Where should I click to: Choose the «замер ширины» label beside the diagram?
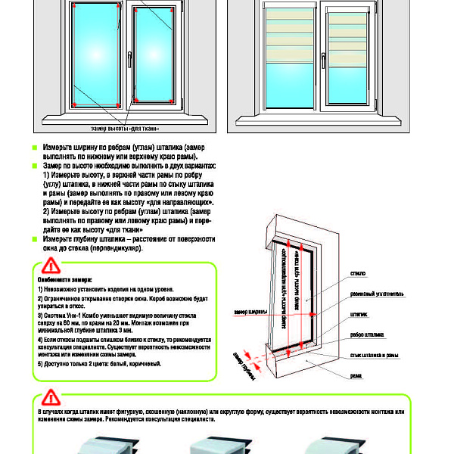pyautogui.click(x=250, y=312)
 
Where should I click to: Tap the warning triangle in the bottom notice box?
pyautogui.click(x=49, y=396)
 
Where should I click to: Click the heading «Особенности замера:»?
pyautogui.click(x=64, y=279)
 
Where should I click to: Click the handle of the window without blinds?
pyautogui.click(x=129, y=54)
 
